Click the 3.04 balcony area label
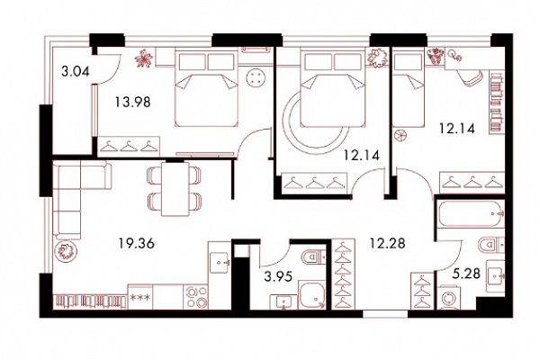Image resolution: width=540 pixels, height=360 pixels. pos(76,72)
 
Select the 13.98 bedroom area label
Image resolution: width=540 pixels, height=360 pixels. pos(133,102)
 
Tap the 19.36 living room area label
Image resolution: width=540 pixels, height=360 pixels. pos(137,244)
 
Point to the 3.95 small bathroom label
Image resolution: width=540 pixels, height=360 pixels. pos(278,276)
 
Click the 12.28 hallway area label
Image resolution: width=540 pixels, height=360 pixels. pos(387,243)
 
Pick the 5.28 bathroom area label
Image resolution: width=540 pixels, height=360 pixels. pos(466,274)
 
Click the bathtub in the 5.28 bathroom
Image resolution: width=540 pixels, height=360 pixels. pos(471,213)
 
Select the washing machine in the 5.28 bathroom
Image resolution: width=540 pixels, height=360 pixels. pos(450,297)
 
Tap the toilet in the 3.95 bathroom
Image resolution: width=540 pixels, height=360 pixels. pos(313,257)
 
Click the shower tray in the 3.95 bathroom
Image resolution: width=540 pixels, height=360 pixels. pos(311,294)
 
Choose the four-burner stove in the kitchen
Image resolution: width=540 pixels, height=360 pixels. pos(195,297)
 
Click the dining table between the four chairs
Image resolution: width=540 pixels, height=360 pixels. pos(175,189)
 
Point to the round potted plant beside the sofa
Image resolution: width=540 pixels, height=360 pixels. pos(66,251)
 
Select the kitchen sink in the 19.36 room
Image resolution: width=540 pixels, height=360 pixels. pos(220,263)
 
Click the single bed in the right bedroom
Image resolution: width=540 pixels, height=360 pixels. pos(409,88)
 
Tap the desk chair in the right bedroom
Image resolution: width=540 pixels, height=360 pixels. pos(470,78)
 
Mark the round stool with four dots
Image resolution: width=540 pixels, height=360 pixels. pos(256,78)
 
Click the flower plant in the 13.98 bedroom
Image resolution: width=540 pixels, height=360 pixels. pos(144,58)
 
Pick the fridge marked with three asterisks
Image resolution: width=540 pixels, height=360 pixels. pos(140,297)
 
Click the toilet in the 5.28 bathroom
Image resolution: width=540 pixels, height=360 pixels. pos(491,245)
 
